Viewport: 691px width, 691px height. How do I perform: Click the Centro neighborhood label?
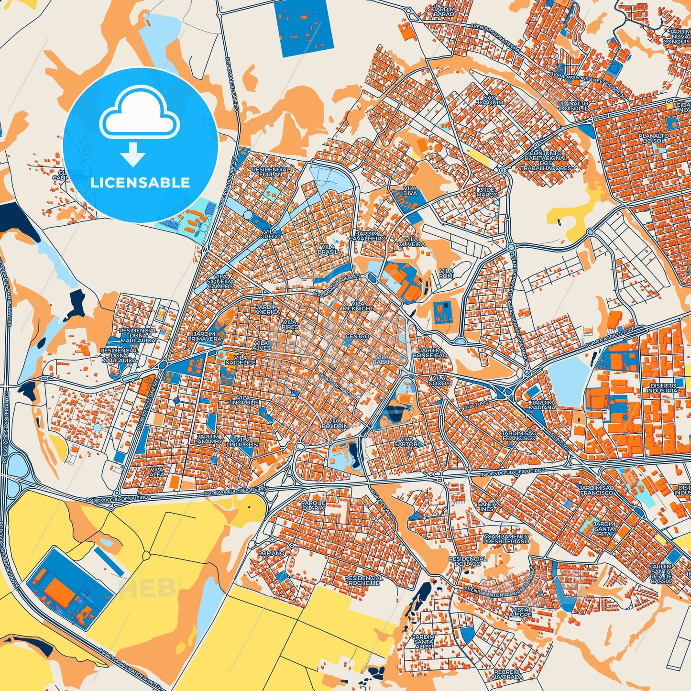pos(357,336)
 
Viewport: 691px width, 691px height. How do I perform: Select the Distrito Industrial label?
pos(663,388)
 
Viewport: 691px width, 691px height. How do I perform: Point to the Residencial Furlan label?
pos(271,172)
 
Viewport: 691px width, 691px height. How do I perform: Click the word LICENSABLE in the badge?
pos(140,183)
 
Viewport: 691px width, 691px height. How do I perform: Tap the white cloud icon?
pos(139,115)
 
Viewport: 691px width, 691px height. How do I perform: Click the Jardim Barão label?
pos(443,11)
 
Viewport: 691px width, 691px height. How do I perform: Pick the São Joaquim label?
pos(493,100)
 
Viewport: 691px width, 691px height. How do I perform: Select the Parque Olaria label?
pos(313,505)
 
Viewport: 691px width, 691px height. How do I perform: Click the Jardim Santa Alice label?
pos(424,642)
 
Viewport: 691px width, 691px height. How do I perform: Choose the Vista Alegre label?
pos(520,612)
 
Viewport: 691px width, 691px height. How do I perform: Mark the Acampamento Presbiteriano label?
pos(506,539)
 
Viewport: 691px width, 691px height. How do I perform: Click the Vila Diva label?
pos(410,191)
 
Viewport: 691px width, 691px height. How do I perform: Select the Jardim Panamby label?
pos(208,439)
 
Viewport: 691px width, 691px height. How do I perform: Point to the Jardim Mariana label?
pos(543,405)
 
